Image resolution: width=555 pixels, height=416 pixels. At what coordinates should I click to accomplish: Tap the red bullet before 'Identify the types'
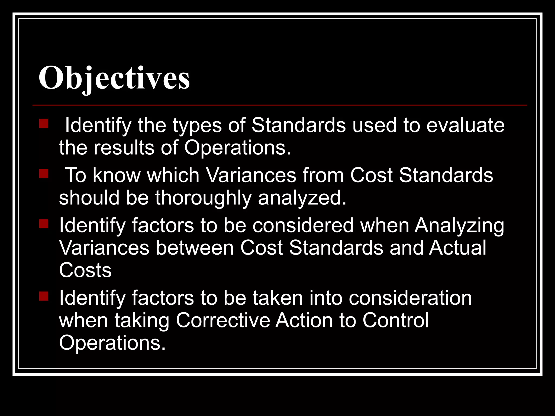[44, 123]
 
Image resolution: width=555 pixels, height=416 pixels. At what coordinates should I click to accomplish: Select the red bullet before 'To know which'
[44, 174]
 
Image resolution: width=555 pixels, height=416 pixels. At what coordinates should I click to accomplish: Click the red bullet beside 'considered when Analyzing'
[44, 224]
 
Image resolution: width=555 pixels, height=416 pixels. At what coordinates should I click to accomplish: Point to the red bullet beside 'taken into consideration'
[44, 296]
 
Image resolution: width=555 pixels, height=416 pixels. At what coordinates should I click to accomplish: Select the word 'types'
[197, 126]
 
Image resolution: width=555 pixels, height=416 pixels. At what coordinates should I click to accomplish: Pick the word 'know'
[117, 175]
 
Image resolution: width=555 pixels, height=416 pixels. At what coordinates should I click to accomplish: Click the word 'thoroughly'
[203, 198]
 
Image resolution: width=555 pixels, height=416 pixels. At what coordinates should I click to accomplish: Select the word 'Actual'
[458, 248]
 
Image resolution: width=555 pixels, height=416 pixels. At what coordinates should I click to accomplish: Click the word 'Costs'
[85, 270]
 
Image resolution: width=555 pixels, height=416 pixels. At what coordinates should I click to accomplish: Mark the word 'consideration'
[410, 298]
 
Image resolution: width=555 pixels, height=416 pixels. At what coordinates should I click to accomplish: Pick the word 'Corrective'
[223, 320]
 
